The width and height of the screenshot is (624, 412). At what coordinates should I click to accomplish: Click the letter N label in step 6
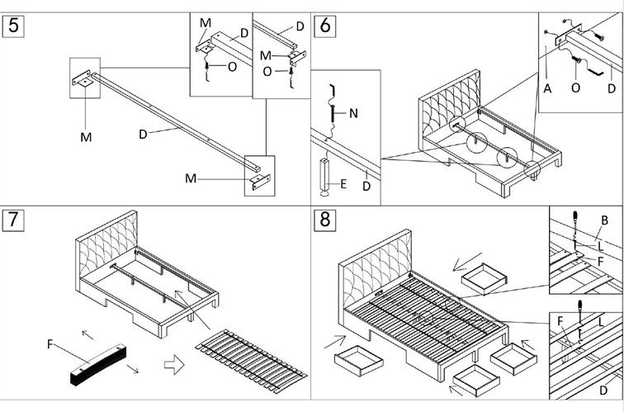tap(353, 114)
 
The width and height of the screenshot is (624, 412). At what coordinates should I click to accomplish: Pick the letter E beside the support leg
tap(343, 182)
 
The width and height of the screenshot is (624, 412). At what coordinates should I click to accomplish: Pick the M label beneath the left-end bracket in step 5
tap(86, 137)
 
